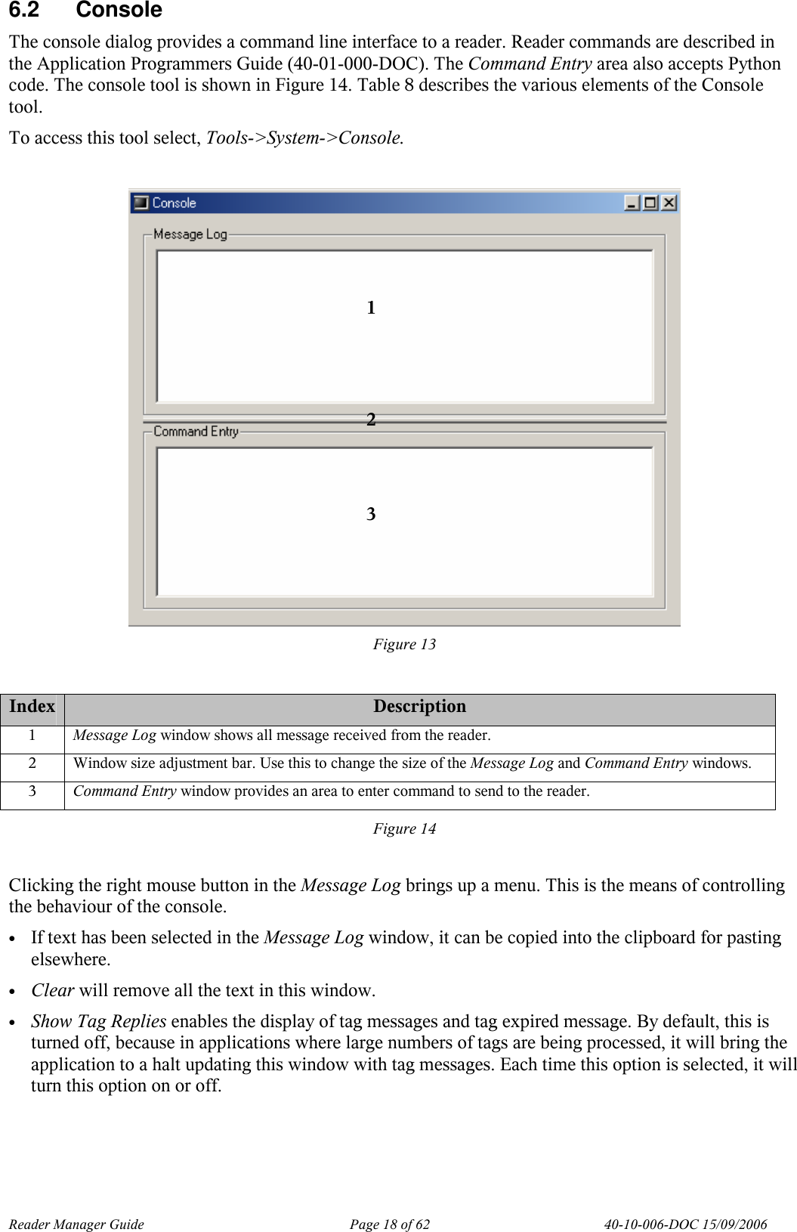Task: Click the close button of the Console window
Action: [x=669, y=203]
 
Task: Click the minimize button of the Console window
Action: [x=632, y=203]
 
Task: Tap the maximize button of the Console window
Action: [x=650, y=203]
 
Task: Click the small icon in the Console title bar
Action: [x=141, y=203]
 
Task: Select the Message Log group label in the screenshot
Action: [x=190, y=234]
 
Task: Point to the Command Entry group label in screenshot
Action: [x=196, y=432]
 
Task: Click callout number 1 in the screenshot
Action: [x=371, y=308]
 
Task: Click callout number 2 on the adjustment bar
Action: [x=371, y=420]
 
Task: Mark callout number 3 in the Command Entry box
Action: [x=371, y=514]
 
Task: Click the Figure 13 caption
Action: [x=404, y=644]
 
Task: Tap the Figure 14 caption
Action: [x=404, y=828]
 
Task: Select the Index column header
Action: [x=32, y=707]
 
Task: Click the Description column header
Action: [x=419, y=707]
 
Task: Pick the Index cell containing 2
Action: [x=32, y=763]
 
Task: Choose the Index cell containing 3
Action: [x=32, y=791]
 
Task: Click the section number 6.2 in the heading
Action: [x=24, y=11]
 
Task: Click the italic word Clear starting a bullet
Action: [x=52, y=990]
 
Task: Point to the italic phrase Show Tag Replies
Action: [x=98, y=1021]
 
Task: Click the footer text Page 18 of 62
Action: [x=389, y=1224]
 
